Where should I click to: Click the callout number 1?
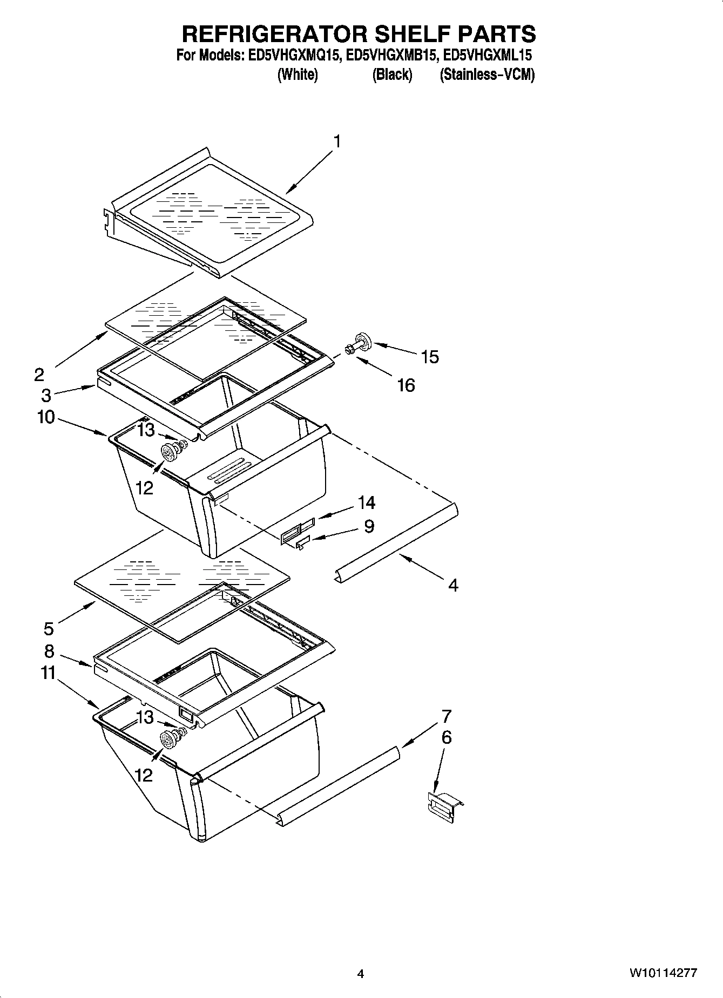pos(337,142)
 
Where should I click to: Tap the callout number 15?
pos(430,357)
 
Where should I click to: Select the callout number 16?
pos(406,385)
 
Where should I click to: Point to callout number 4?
pos(453,585)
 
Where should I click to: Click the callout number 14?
pos(367,503)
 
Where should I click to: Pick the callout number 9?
pos(369,526)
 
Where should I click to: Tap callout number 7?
pos(446,716)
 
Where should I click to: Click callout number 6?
pos(446,737)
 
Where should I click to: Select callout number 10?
pos(46,417)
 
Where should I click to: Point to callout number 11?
pos(49,673)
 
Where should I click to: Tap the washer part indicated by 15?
pos(364,342)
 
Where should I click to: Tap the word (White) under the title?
pos(297,74)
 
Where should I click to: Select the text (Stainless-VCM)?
pos(487,74)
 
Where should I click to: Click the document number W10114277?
pos(663,973)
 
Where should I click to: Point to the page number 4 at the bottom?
pos(361,974)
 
